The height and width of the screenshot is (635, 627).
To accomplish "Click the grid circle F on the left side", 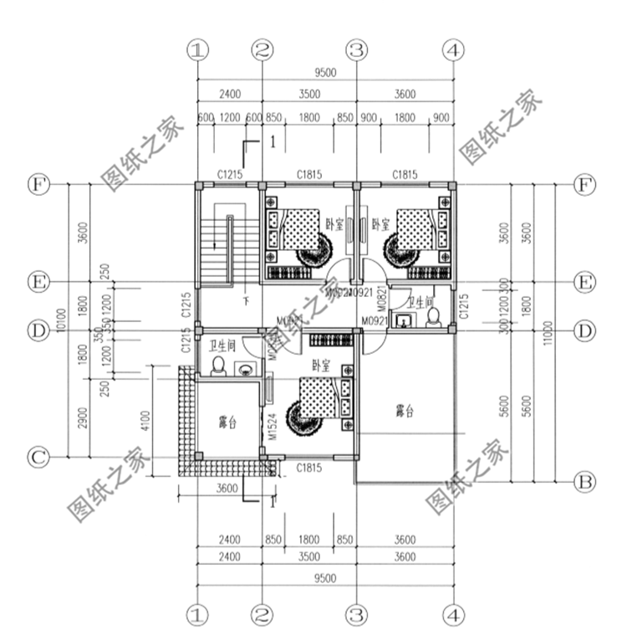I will (37, 183).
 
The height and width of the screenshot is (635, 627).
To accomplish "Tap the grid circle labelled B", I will (586, 481).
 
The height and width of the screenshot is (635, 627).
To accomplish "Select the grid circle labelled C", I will (37, 458).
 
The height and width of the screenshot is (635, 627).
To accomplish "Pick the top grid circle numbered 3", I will (357, 50).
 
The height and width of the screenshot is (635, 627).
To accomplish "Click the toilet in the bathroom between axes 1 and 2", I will (218, 365).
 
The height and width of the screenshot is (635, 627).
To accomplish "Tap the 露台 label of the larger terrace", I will (405, 411).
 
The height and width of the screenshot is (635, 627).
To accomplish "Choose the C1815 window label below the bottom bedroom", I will (309, 470).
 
